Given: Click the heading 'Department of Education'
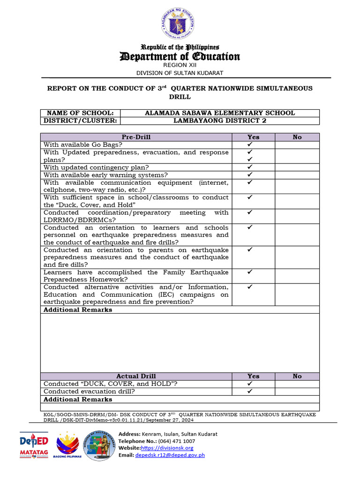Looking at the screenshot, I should point(180,57).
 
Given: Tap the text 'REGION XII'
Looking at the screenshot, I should point(180,65).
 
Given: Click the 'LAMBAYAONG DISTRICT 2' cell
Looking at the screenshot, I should point(220,120).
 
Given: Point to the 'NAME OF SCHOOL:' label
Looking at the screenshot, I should point(80,113).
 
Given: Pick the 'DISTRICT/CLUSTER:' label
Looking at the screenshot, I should point(80,120).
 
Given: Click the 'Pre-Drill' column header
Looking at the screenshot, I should point(136,137).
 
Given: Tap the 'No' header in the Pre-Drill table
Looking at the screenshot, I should point(297,137).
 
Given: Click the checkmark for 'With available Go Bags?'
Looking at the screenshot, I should point(250,145).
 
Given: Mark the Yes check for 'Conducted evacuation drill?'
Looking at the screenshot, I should point(250,391).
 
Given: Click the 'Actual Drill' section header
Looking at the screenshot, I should point(136,376).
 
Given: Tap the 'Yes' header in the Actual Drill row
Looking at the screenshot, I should point(253,376).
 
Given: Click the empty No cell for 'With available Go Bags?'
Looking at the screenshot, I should point(297,145).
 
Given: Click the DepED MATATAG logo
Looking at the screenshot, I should point(34,445).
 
